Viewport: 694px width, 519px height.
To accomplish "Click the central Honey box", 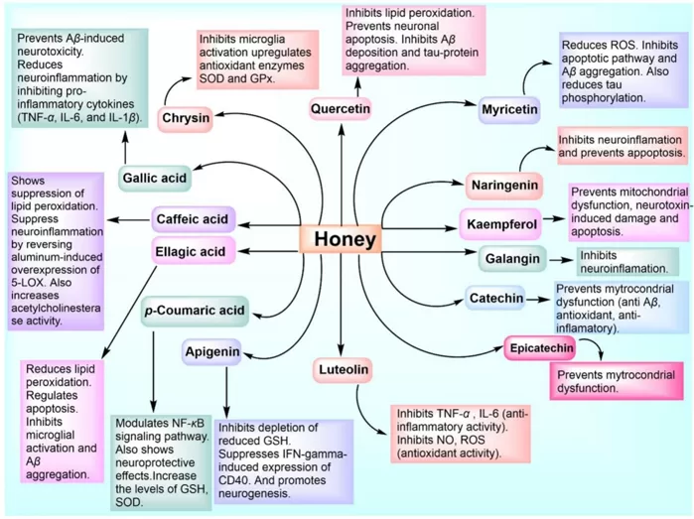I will [344, 239].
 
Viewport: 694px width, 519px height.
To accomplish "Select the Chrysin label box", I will [186, 119].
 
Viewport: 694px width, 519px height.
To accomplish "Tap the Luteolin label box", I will [344, 370].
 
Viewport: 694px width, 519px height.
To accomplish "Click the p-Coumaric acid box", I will [194, 310].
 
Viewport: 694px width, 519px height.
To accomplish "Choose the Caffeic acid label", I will [193, 218].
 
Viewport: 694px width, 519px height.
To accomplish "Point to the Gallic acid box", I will [154, 179].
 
